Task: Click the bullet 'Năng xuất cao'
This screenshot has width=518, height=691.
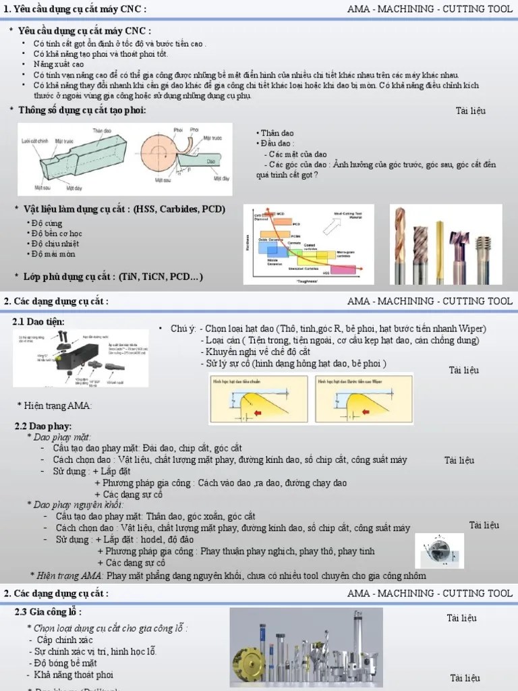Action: pos(59,63)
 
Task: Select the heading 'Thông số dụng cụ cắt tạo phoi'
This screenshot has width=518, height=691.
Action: pos(82,111)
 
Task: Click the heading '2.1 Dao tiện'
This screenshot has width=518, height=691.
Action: pos(39,322)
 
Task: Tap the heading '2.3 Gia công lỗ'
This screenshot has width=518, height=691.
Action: pos(48,612)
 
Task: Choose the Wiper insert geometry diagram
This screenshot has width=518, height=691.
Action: pos(364,399)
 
